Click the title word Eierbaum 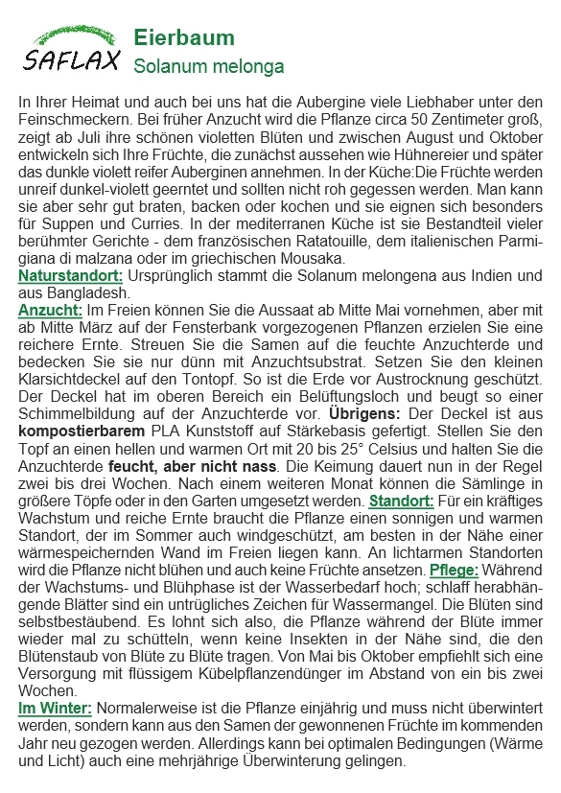[183, 38]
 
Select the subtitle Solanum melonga [208, 67]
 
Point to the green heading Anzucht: [51, 311]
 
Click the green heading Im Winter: [55, 708]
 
